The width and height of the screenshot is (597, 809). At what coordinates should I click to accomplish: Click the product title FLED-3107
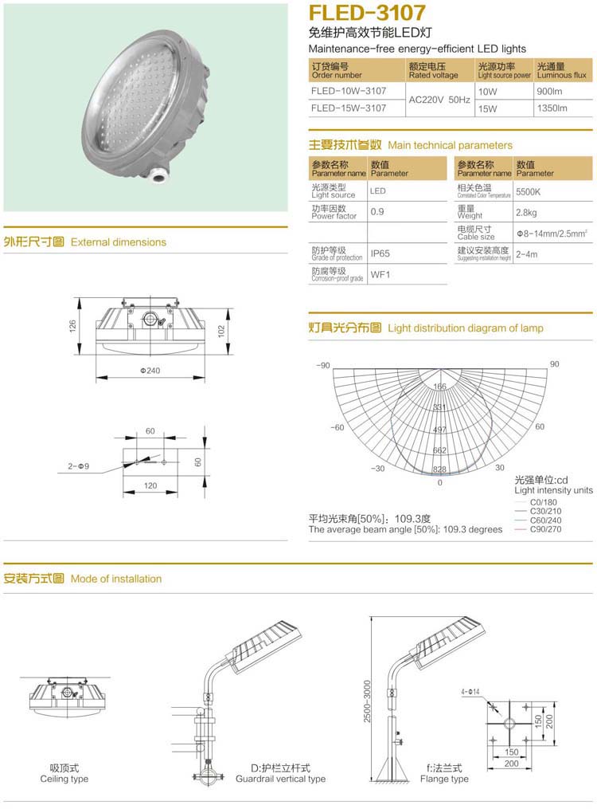pyautogui.click(x=367, y=14)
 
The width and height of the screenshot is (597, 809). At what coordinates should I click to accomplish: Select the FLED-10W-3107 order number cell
pyautogui.click(x=349, y=92)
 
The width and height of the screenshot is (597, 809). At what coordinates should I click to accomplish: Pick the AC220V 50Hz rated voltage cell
pyautogui.click(x=439, y=100)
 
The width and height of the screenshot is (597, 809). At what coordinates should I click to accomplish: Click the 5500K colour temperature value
pyautogui.click(x=528, y=192)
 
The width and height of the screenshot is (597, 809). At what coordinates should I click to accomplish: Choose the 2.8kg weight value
pyautogui.click(x=526, y=213)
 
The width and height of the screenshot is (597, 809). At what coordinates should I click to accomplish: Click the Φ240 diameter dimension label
pyautogui.click(x=150, y=371)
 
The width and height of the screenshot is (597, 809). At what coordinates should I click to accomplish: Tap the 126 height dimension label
pyautogui.click(x=72, y=326)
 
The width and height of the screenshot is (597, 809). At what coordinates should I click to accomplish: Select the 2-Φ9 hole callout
pyautogui.click(x=79, y=465)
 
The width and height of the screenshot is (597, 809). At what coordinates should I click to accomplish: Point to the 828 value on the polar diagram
pyautogui.click(x=439, y=470)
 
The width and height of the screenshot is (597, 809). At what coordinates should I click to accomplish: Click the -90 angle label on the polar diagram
pyautogui.click(x=321, y=365)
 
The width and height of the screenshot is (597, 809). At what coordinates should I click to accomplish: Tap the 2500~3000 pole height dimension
pyautogui.click(x=367, y=701)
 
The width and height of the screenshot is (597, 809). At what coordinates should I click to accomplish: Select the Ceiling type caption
pyautogui.click(x=64, y=779)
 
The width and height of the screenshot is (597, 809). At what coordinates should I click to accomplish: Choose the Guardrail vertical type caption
pyautogui.click(x=280, y=779)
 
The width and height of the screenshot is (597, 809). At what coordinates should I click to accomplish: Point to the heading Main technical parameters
pyautogui.click(x=450, y=145)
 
